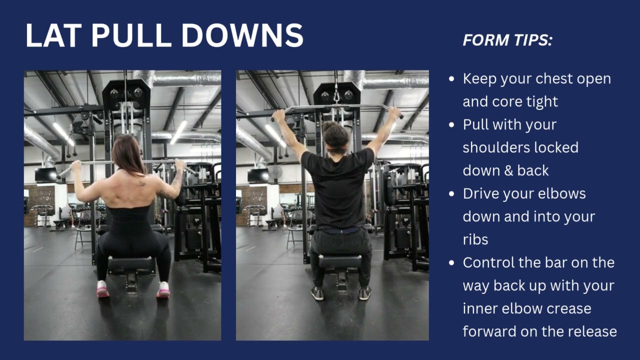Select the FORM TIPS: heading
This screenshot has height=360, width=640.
[507, 40]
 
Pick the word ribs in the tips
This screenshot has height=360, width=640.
[475, 239]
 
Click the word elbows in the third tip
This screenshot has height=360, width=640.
[560, 193]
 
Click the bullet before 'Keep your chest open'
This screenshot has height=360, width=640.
[452, 79]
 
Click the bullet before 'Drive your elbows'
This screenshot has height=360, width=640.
[452, 194]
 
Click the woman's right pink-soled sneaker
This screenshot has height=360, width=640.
[163, 289]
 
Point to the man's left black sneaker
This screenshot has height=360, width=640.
[317, 293]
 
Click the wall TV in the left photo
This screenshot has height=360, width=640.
[45, 175]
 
